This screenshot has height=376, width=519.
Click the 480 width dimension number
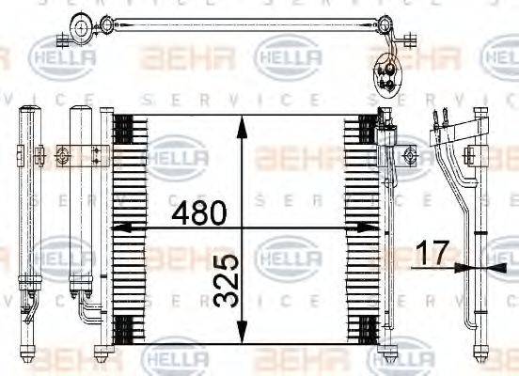pos(199,213)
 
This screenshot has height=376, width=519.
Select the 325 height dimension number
pos(224,280)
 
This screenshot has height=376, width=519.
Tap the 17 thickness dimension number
pos(434,253)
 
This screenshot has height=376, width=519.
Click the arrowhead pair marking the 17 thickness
pos(470,268)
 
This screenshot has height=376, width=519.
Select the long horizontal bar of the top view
pos(235,23)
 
